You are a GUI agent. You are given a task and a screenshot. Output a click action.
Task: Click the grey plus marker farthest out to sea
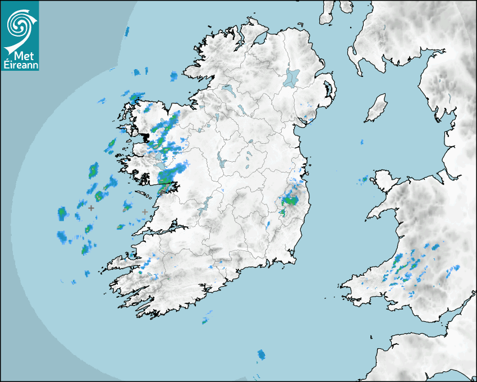(91, 208)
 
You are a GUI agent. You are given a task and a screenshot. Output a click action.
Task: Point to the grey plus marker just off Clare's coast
(145, 212)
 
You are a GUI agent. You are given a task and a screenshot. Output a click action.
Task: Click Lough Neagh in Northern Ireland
(292, 77)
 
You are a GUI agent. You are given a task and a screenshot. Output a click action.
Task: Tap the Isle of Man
(376, 108)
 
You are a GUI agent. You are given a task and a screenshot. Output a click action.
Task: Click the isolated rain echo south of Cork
(261, 354)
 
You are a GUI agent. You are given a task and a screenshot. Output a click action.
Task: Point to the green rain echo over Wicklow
(290, 200)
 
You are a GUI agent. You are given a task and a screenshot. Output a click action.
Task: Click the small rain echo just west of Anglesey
(364, 180)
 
